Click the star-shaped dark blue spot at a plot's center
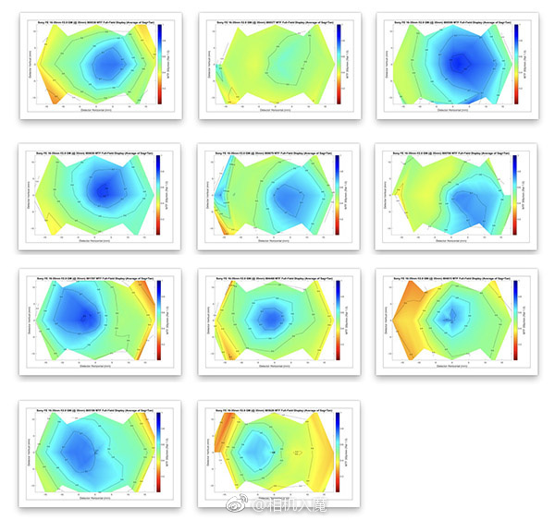[x=450, y=320]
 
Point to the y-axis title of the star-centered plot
[x=386, y=320]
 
